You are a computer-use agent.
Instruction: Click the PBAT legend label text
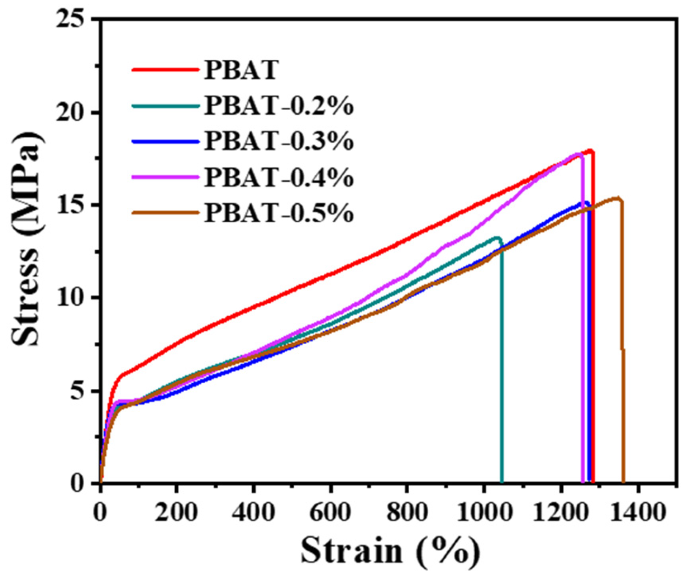241,70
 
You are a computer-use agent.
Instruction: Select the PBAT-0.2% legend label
278,106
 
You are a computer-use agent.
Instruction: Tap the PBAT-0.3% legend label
278,142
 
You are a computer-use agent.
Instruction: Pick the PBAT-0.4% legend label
278,178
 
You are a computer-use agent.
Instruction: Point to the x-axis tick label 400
254,513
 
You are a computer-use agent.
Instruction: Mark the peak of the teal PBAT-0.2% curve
496,238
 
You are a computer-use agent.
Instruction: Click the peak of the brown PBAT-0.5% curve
617,198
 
